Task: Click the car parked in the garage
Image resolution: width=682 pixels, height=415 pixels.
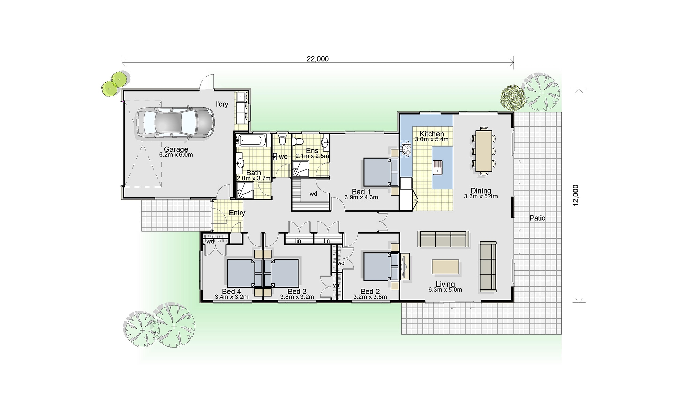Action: [x=176, y=122]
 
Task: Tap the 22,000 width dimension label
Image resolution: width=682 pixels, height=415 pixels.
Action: [x=317, y=59]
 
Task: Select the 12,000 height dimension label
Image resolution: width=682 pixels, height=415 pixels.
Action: [x=576, y=196]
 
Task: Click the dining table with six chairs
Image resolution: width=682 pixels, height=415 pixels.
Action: [x=484, y=151]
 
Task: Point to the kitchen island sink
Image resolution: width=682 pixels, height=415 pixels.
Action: [x=437, y=167]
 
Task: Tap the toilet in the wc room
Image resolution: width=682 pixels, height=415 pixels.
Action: [x=282, y=139]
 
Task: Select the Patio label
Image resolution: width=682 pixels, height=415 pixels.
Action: [x=537, y=218]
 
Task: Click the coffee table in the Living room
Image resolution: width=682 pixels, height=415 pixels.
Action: [x=445, y=267]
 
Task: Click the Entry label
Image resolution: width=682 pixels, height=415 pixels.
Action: [x=237, y=213]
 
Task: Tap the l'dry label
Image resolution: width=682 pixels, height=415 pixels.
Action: [x=222, y=104]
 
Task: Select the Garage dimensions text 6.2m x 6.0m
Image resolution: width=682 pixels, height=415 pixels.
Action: [x=176, y=155]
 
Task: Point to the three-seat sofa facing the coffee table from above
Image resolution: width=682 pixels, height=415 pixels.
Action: [x=443, y=239]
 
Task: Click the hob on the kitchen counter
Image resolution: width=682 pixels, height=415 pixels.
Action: [x=406, y=150]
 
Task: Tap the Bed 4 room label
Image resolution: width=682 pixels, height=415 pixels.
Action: [x=232, y=291]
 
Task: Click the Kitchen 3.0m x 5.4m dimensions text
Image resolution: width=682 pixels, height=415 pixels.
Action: [x=432, y=139]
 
